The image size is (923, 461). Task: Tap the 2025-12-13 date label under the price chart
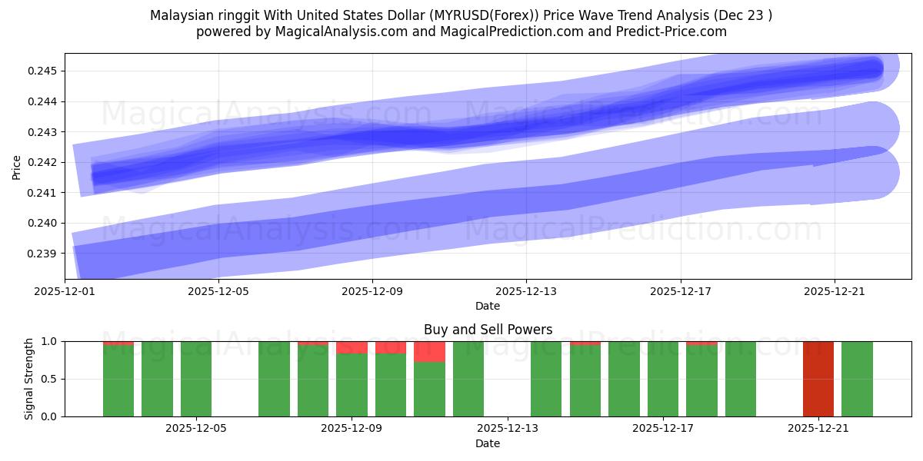point(526,292)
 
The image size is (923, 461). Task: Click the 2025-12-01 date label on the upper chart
point(65,292)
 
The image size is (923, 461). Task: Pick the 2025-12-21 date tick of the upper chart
point(835,292)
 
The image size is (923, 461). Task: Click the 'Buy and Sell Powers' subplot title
point(488,330)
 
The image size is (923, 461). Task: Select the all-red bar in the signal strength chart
point(818,379)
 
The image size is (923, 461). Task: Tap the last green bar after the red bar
point(857,379)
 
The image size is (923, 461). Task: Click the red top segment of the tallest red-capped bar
point(429,352)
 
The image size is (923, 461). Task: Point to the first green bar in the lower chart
point(118,380)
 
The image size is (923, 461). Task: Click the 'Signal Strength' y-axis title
point(28,379)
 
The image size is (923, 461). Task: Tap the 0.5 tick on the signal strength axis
point(50,379)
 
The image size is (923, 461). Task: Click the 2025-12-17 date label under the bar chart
point(662,429)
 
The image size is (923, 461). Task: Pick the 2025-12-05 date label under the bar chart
point(197,429)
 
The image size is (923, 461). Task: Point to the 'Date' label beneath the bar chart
point(488,443)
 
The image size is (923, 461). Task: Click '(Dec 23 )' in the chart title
point(743,15)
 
